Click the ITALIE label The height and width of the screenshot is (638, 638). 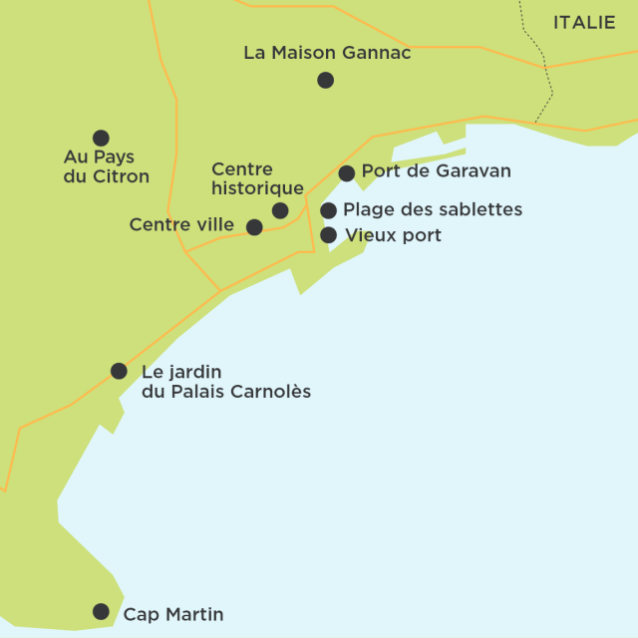tap(584, 22)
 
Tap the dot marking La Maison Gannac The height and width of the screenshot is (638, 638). tap(325, 80)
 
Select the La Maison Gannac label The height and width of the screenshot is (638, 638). tap(327, 53)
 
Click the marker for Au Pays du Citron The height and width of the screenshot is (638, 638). tap(101, 138)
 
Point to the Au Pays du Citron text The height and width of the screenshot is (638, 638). tap(106, 166)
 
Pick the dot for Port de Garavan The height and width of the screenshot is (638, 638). tap(346, 173)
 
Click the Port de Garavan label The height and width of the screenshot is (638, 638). tap(436, 171)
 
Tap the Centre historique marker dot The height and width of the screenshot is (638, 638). tap(280, 210)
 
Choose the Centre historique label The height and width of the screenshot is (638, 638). tap(257, 178)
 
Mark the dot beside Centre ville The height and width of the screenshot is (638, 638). tap(254, 227)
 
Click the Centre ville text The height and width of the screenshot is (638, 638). tap(181, 225)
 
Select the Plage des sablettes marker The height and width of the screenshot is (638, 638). tap(328, 210)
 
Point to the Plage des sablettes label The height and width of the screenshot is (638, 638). tap(432, 209)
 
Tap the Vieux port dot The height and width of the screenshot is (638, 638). tap(328, 235)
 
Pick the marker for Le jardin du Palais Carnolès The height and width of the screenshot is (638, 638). tap(119, 371)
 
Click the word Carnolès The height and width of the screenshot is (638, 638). tap(271, 392)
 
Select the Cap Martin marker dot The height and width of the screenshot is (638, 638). tap(101, 611)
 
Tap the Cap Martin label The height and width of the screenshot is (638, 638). tap(172, 614)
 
